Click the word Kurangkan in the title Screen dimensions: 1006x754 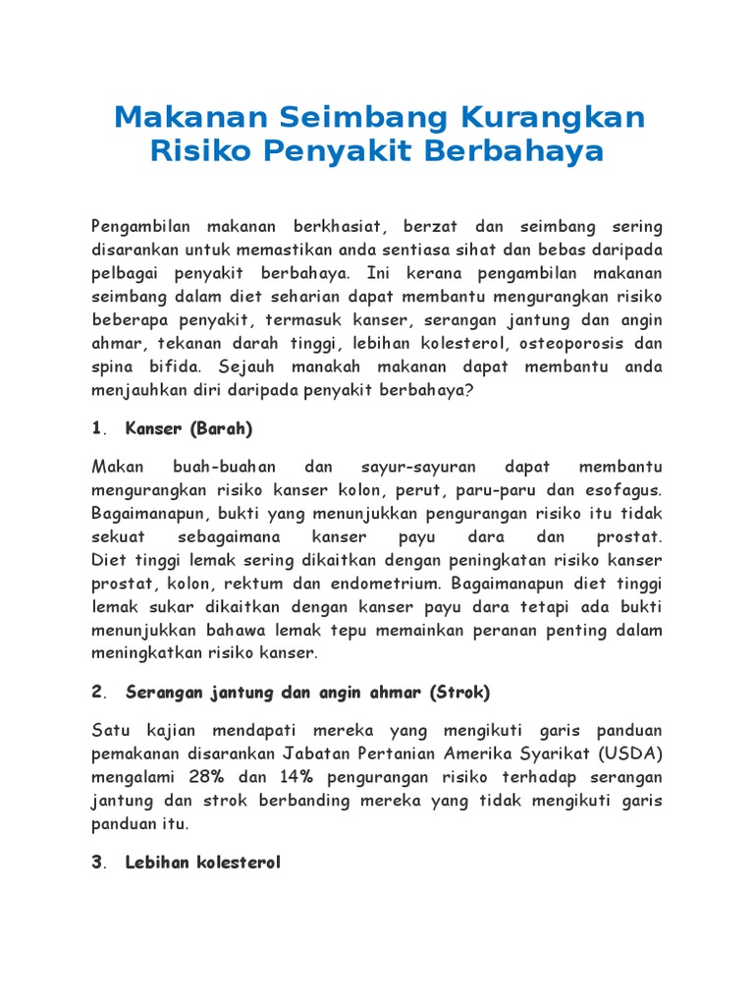tap(565, 117)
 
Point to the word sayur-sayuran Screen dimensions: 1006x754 tap(417, 467)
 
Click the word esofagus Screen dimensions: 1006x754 tap(625, 489)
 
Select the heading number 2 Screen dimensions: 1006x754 tap(97, 692)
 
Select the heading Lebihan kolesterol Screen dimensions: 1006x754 tap(203, 863)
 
